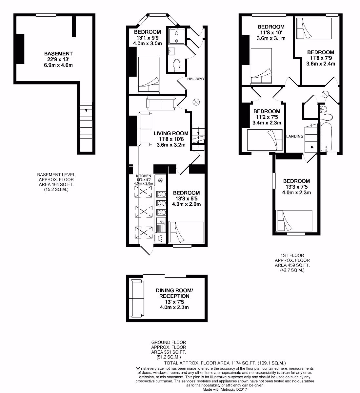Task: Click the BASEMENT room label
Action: [58, 53]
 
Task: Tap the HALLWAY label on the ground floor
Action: [196, 79]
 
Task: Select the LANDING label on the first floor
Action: [295, 136]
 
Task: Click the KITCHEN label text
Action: [143, 176]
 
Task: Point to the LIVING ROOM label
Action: [171, 133]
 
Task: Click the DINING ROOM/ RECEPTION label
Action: [174, 293]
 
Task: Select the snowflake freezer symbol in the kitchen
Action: [160, 180]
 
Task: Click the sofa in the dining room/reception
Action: [136, 298]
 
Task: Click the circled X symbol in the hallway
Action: [196, 102]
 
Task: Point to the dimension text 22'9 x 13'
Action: [58, 59]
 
